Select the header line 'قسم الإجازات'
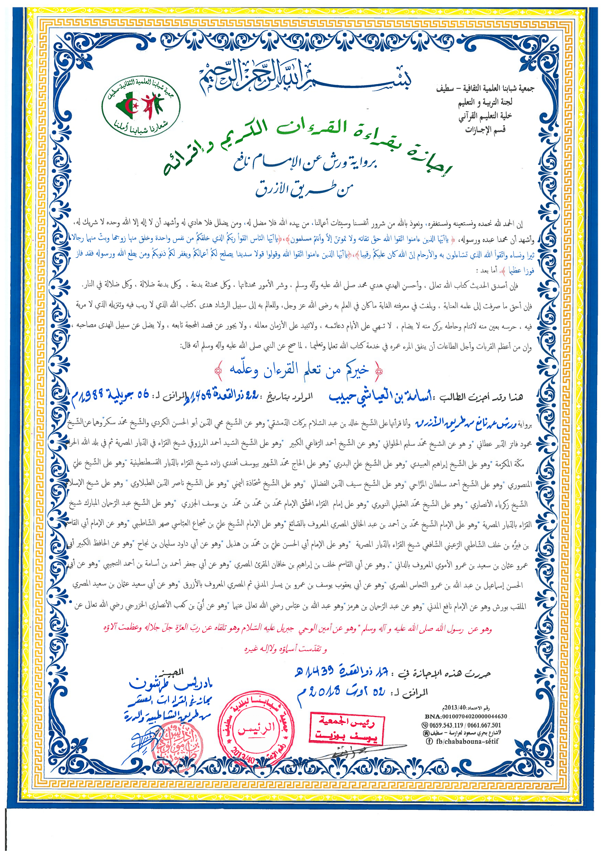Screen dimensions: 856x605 (485, 130)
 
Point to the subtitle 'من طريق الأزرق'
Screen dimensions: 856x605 (304, 188)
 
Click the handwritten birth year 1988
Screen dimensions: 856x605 (91, 397)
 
